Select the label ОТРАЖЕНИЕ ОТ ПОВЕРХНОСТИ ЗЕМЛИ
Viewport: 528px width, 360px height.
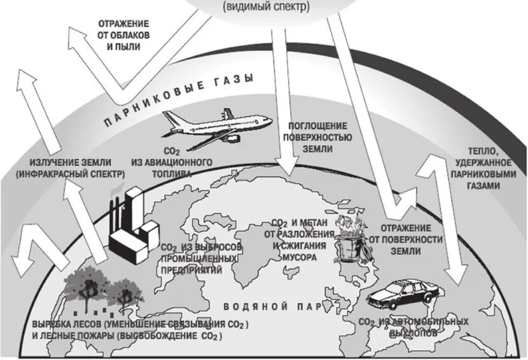pos(403,239)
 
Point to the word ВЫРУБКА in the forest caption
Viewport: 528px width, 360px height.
pos(51,324)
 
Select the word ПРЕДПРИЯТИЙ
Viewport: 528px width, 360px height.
pos(191,269)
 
